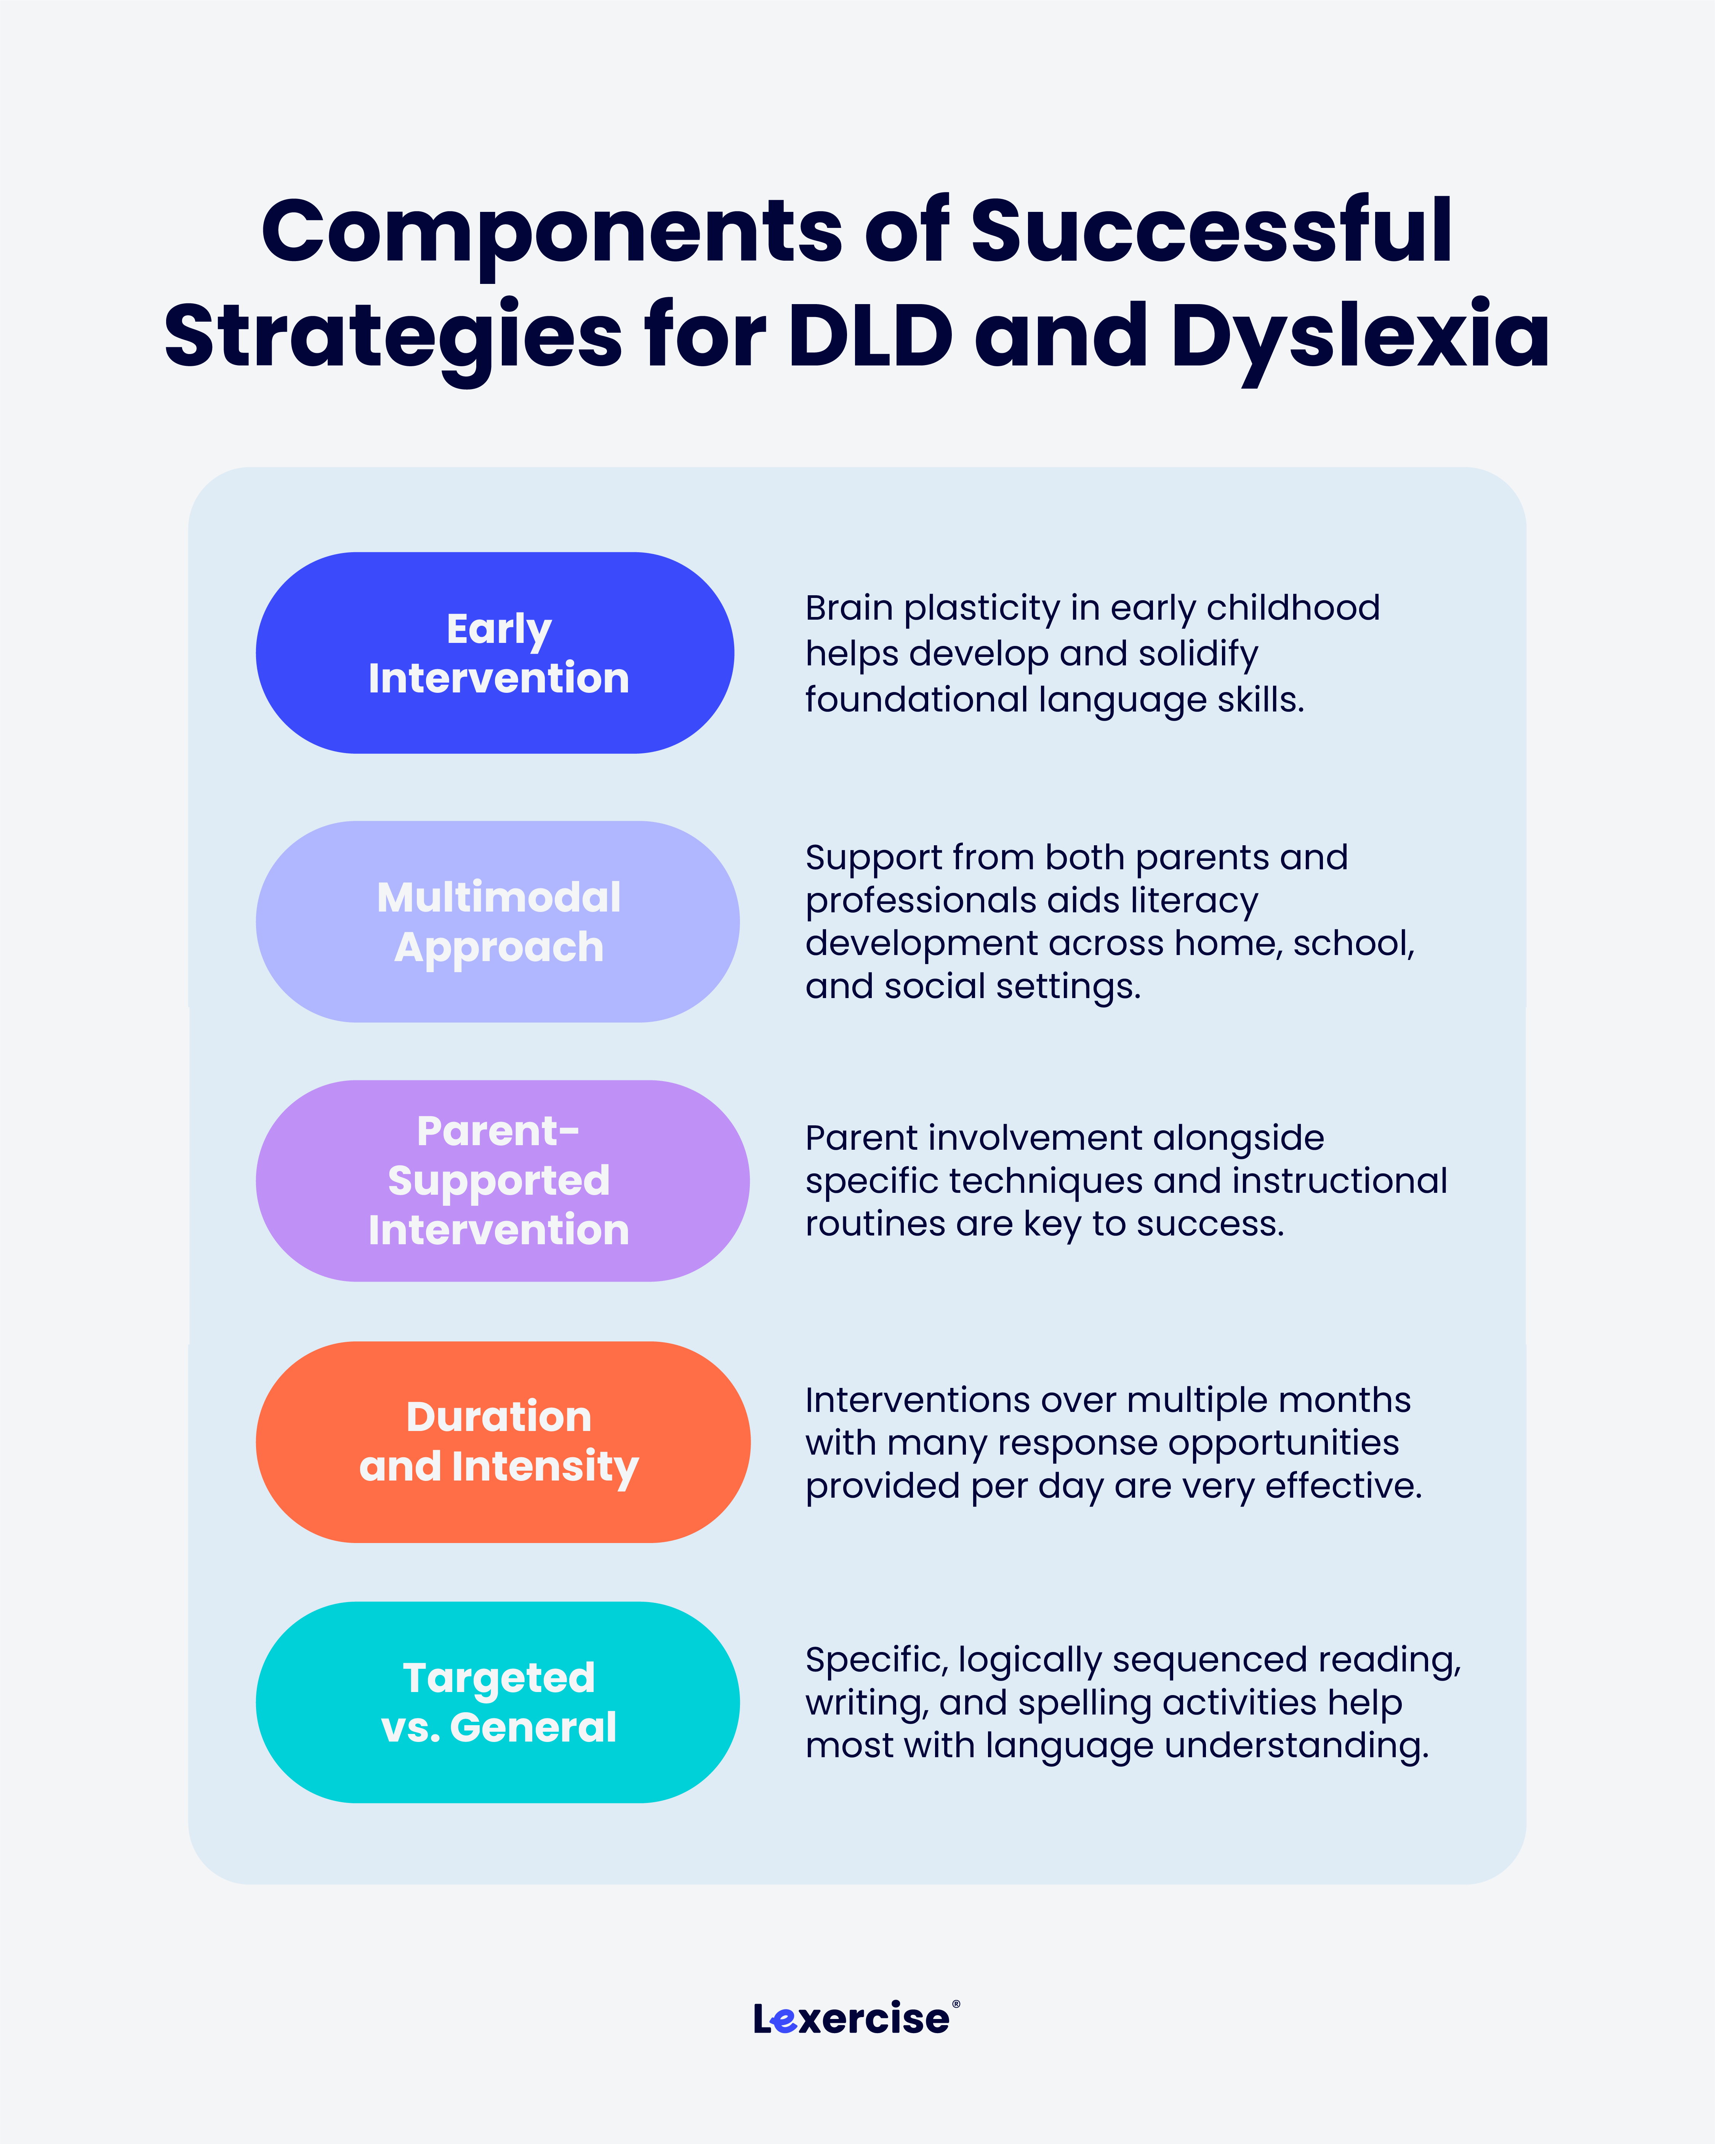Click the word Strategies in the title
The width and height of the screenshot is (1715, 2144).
(393, 336)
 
